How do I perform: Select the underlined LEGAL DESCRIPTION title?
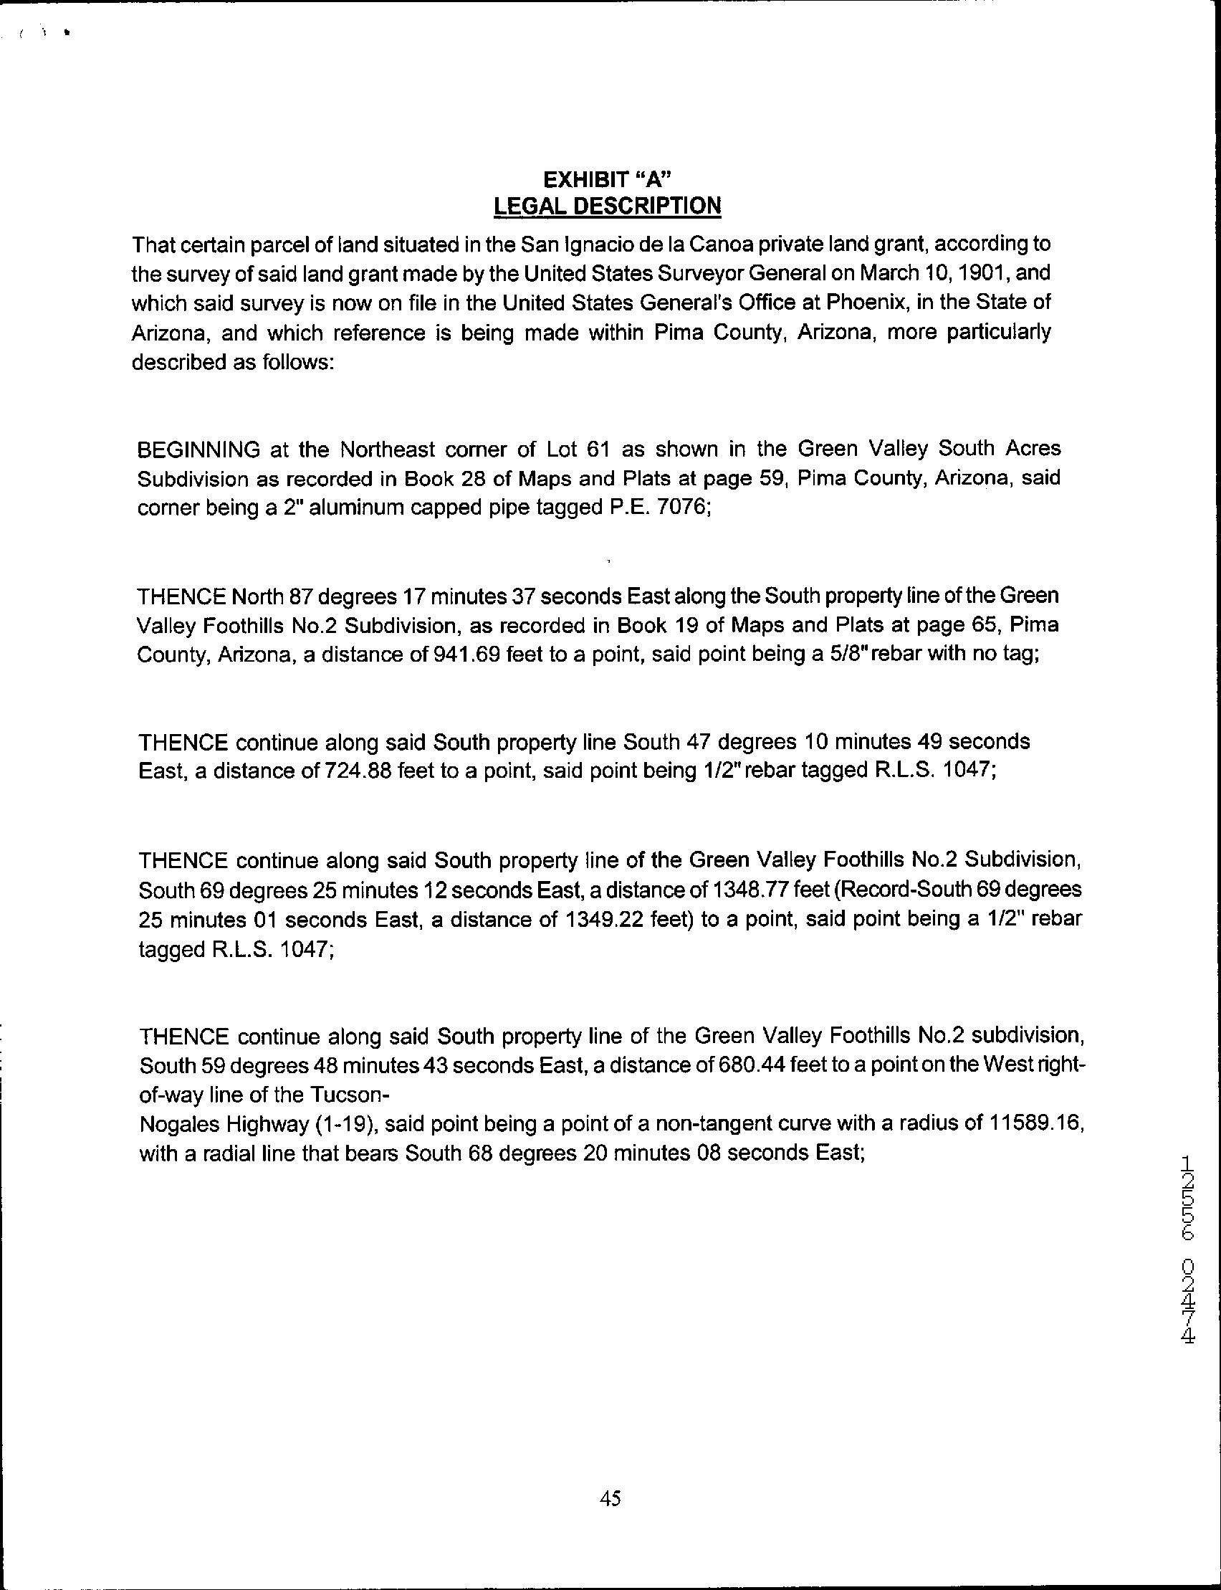(607, 206)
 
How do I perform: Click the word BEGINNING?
(198, 449)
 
